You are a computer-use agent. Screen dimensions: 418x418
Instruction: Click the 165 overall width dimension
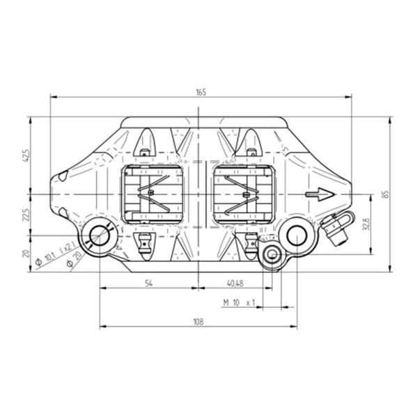[x=201, y=92]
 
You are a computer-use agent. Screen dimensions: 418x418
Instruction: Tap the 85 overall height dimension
[x=385, y=194]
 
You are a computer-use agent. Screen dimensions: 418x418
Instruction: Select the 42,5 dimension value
[x=26, y=155]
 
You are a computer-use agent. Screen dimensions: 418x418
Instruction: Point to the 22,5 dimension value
[x=26, y=215]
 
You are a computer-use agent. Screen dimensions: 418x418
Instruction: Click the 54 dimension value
[x=149, y=284]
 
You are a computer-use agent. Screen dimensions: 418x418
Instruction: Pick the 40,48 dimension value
[x=235, y=284]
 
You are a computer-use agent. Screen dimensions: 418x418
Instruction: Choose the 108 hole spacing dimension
[x=199, y=322]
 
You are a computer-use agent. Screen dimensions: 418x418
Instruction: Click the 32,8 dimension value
[x=366, y=224]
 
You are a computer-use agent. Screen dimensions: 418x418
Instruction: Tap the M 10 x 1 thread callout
[x=239, y=302]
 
